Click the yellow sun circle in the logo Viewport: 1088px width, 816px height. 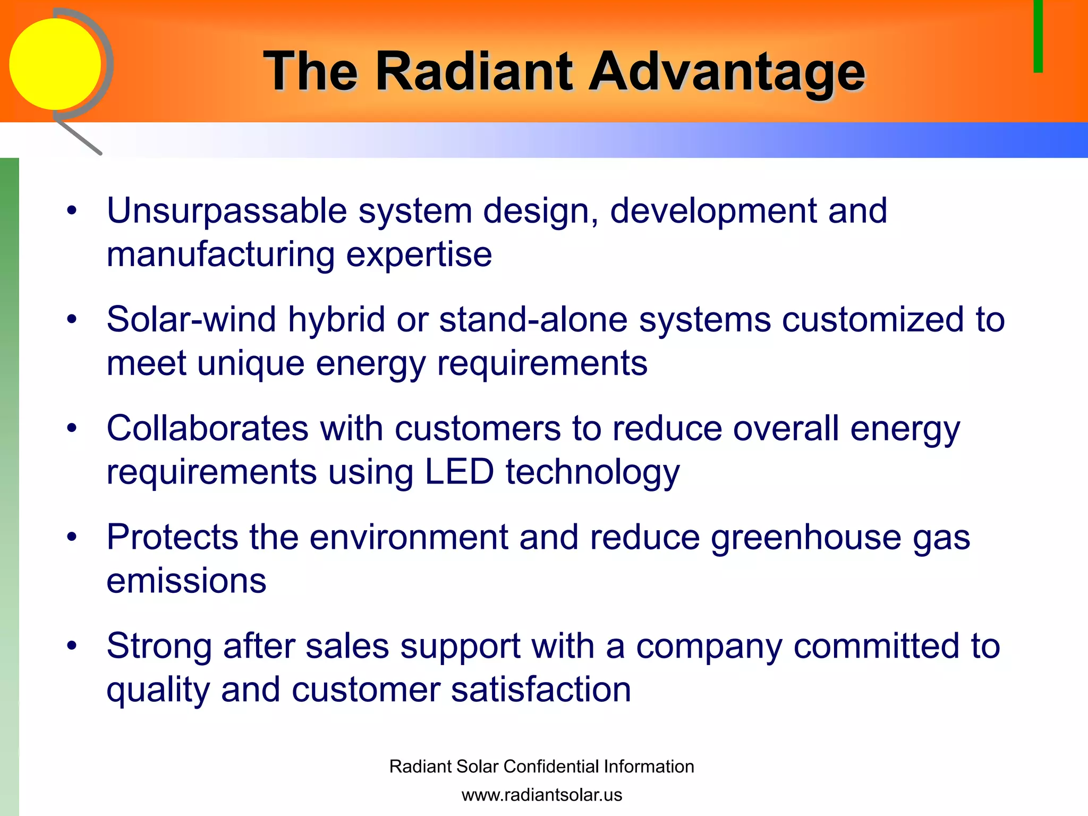tap(55, 64)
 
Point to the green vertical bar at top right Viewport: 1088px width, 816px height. tap(1038, 36)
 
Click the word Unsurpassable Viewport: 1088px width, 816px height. tap(227, 211)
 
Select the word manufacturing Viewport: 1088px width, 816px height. tap(220, 254)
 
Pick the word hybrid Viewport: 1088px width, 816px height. tap(336, 320)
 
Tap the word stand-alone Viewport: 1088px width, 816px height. tap(533, 320)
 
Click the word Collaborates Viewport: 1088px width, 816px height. tap(207, 428)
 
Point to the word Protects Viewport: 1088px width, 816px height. tap(172, 537)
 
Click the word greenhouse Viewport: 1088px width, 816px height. tap(806, 537)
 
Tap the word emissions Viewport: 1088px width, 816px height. tap(186, 581)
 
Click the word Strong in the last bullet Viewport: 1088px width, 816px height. tap(159, 646)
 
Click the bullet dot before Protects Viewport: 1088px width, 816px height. tap(72, 537)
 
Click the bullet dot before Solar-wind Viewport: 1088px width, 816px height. tap(72, 320)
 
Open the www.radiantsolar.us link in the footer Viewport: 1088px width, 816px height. tap(541, 795)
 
